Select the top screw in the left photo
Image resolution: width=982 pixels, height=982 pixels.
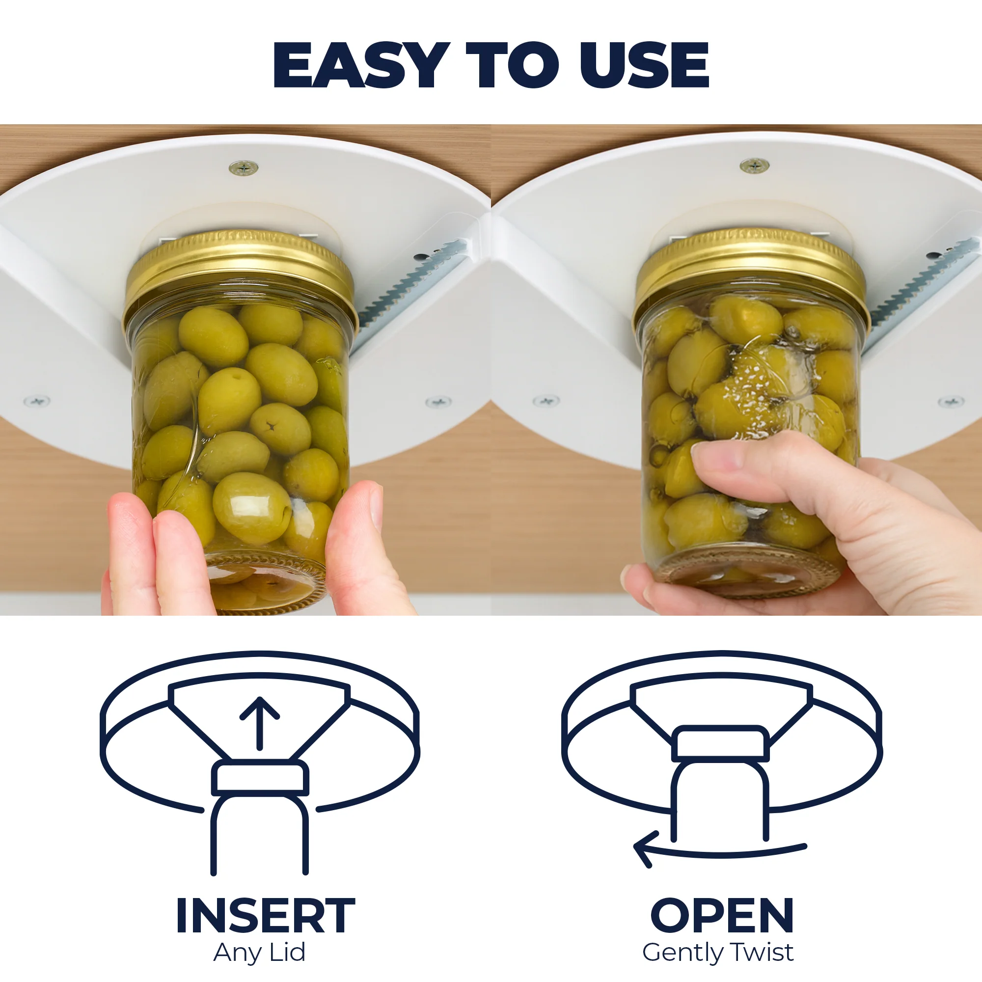pyautogui.click(x=244, y=167)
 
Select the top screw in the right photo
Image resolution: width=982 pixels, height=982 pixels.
pyautogui.click(x=754, y=165)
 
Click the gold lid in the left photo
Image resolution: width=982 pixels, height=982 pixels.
pyautogui.click(x=240, y=277)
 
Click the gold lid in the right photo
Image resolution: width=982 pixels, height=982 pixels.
pyautogui.click(x=751, y=274)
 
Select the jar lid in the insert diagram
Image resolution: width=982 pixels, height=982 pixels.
pyautogui.click(x=260, y=778)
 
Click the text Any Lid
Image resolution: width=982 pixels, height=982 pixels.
pyautogui.click(x=259, y=953)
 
